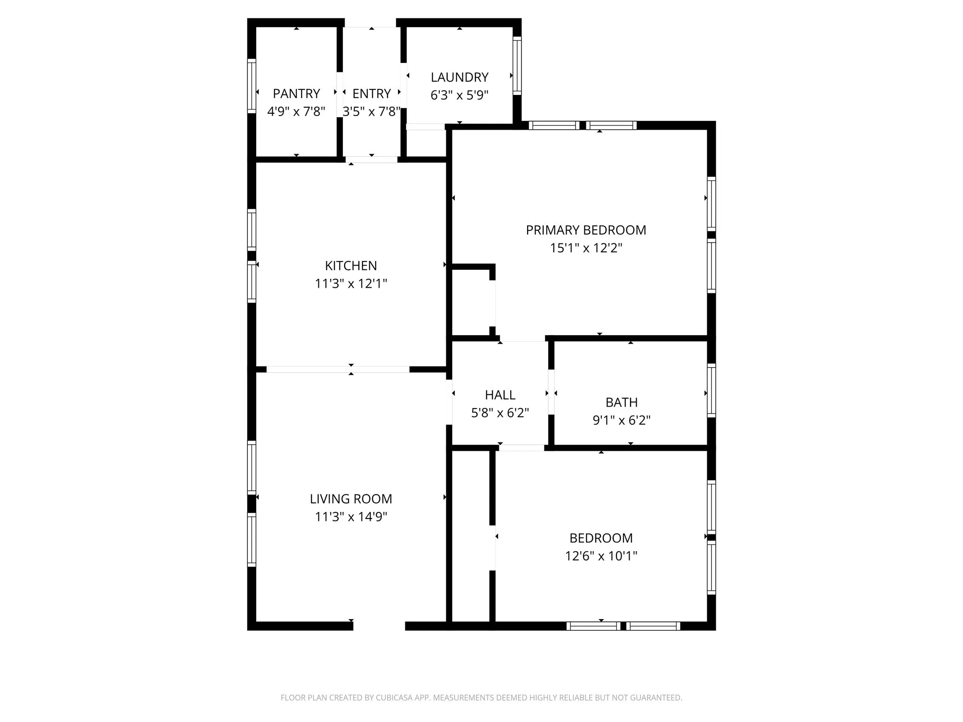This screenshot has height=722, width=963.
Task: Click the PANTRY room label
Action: [x=296, y=94]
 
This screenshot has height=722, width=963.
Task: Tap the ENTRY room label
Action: [x=371, y=94]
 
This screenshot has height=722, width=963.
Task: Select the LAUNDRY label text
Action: [x=459, y=77]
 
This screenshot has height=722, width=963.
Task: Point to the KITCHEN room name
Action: [x=351, y=266]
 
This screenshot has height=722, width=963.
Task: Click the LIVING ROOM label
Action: [x=351, y=499]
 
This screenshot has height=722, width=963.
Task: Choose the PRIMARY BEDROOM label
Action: [x=586, y=230]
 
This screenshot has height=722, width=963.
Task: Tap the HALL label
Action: [x=500, y=395]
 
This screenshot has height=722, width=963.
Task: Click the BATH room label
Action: [x=621, y=402]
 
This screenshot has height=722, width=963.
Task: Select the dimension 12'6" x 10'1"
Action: [x=601, y=556]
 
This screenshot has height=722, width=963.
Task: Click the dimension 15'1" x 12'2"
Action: [x=586, y=248]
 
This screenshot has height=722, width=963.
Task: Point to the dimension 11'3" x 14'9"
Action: [x=351, y=517]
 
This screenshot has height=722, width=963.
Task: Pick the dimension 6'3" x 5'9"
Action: [x=459, y=95]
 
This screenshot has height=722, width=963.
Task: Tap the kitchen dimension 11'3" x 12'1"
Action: [x=351, y=283]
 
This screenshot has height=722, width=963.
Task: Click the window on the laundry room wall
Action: [x=517, y=66]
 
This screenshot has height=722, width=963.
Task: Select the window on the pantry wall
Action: [x=252, y=86]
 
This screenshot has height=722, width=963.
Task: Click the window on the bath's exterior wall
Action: [x=711, y=390]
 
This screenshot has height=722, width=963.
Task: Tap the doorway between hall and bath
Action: [x=551, y=392]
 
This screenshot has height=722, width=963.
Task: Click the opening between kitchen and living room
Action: [x=338, y=369]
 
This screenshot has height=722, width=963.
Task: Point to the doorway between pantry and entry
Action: [x=339, y=94]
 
